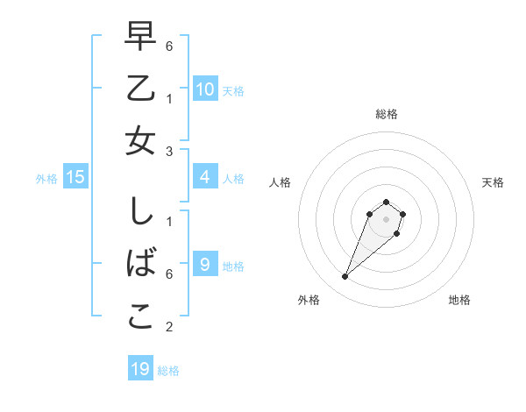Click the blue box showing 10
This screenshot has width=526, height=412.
click(205, 89)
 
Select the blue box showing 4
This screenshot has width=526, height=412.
click(205, 177)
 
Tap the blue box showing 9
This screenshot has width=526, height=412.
click(205, 264)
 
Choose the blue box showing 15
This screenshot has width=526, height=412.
click(75, 177)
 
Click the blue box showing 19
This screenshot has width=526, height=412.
click(140, 369)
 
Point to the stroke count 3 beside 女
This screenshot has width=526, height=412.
click(169, 152)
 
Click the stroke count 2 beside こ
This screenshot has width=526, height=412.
click(169, 328)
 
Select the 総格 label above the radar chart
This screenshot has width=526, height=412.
click(386, 114)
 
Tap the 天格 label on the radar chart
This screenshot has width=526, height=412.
click(493, 182)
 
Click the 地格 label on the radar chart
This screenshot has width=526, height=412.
click(459, 300)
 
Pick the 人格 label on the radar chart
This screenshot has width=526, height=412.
click(280, 182)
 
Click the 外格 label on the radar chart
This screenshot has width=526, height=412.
click(309, 300)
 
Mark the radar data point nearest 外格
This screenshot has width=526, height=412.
click(345, 277)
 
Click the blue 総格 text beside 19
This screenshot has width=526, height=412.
click(169, 371)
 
